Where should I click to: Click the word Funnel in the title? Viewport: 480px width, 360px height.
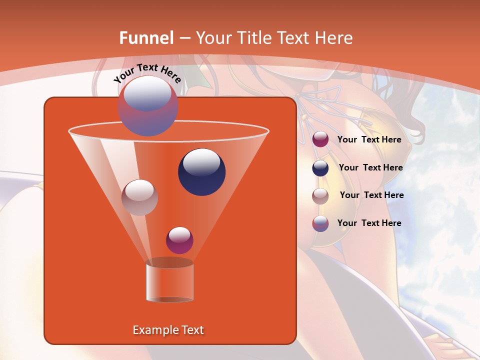pos(146,38)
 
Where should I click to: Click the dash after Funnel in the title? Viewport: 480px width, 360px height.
pos(184,38)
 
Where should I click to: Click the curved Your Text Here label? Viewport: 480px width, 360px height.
pos(147,73)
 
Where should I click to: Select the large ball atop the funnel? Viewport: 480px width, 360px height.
pos(148,106)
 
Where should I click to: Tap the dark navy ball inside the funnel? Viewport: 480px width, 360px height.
pos(202,172)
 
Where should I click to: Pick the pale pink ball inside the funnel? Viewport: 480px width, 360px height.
pos(139,197)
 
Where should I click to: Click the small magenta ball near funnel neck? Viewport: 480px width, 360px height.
pos(179,240)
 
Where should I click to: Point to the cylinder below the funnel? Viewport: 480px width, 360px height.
pos(169,282)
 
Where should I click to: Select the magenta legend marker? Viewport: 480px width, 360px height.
pos(320,139)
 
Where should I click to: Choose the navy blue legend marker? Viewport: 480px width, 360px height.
pos(320,168)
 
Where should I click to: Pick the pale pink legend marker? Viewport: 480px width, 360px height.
pos(320,196)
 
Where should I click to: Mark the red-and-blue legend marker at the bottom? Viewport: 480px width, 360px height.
pos(320,223)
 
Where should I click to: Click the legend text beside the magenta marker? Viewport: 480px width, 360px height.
pos(369,139)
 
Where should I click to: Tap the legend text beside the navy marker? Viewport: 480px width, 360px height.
pos(370,167)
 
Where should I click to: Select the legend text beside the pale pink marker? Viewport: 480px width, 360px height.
pos(371,195)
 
